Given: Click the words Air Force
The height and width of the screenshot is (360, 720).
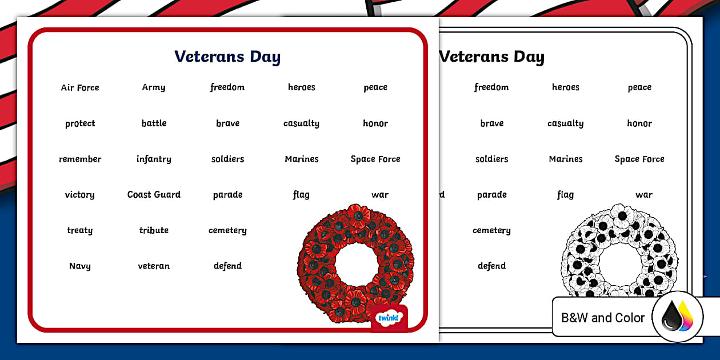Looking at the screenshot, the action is (x=80, y=87).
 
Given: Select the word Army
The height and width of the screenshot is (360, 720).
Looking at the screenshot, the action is (x=154, y=87).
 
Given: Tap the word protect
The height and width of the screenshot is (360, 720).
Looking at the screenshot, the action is (x=80, y=123).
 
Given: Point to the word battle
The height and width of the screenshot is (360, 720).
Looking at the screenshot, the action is (x=154, y=123).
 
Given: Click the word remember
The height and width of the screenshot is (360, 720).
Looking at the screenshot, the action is (x=80, y=159).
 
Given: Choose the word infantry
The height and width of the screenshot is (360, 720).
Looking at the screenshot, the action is (x=154, y=159).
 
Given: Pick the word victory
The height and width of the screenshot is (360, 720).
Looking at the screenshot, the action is (x=80, y=195).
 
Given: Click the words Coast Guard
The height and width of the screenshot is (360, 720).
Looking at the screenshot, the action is (x=154, y=194).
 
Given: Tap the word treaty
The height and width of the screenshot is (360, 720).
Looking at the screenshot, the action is (x=80, y=230).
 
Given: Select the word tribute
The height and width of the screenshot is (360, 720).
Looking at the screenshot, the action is (x=154, y=230).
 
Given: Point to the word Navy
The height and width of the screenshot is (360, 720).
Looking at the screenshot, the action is (x=80, y=266).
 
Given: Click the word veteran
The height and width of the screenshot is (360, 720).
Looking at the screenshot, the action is (x=154, y=266).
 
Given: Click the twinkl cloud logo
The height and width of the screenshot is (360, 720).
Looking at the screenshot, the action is (x=389, y=318).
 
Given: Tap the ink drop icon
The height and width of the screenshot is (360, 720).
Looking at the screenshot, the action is (x=677, y=317).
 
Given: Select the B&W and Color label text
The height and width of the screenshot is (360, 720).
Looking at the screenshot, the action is (x=603, y=318).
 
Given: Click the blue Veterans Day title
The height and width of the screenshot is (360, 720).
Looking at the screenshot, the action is (x=227, y=57).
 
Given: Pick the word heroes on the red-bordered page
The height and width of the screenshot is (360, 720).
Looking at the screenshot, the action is (x=302, y=87).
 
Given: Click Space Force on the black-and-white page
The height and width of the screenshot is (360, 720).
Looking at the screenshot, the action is (x=639, y=159).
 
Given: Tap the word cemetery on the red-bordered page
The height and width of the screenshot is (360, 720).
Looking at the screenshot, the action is (x=227, y=230).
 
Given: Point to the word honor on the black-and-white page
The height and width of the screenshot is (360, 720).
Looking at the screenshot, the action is (x=639, y=123).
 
